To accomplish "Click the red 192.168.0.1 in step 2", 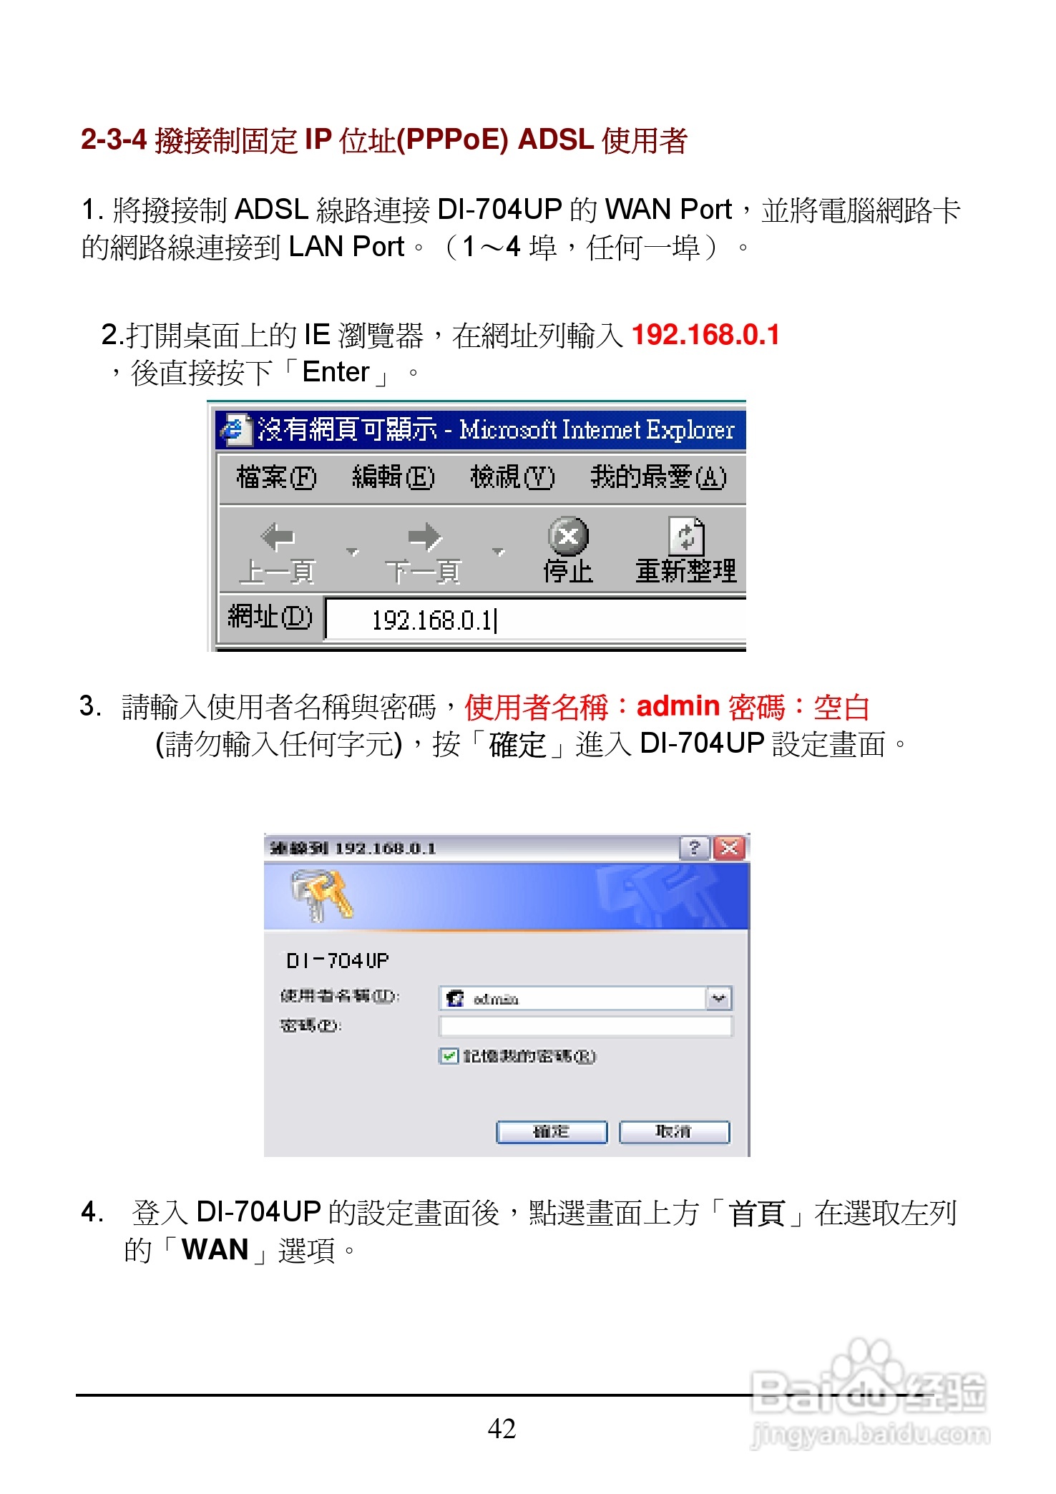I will (x=705, y=335).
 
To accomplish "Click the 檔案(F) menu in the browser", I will (x=276, y=477).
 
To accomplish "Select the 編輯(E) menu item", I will (x=393, y=477).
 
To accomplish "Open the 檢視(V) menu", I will (x=512, y=477).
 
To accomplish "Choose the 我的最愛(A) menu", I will (x=657, y=477).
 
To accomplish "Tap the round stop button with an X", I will (x=568, y=536).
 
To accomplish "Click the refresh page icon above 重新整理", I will (x=686, y=536).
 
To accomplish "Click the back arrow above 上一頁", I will (x=278, y=537).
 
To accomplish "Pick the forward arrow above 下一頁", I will (x=424, y=537).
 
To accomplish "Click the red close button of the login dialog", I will (x=730, y=849).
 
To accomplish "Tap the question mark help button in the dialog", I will (x=694, y=849).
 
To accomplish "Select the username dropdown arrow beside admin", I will (x=718, y=999).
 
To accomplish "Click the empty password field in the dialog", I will (x=585, y=1027).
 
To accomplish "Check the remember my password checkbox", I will (x=449, y=1056).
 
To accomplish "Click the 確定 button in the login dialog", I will (x=552, y=1132).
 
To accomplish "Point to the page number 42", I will (x=502, y=1429).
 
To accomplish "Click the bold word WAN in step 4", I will (x=215, y=1250).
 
